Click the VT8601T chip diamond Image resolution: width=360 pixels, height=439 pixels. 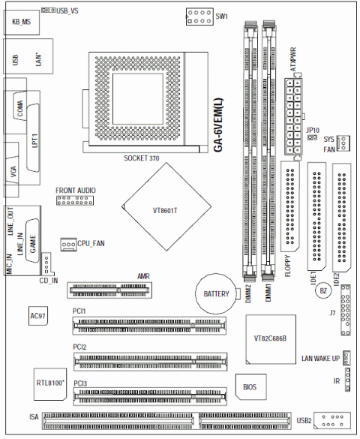(x=166, y=206)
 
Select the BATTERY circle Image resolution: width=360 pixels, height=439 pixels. (x=216, y=293)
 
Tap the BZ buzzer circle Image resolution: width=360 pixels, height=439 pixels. (x=323, y=290)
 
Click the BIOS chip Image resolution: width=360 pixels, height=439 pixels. (x=250, y=387)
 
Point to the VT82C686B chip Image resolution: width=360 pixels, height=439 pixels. (x=271, y=339)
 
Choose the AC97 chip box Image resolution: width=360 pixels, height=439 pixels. (x=38, y=316)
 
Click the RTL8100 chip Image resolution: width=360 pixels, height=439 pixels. (x=50, y=384)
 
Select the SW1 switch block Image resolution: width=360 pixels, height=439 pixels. (x=199, y=17)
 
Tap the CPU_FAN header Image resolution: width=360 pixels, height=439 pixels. (x=68, y=244)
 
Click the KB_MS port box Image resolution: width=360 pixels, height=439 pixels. (x=22, y=23)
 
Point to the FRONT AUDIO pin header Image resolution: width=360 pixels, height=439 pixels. (x=75, y=200)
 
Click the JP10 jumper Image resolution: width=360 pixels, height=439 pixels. (x=312, y=137)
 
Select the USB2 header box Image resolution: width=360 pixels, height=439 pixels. (x=331, y=420)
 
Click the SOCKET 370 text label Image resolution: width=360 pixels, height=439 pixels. (x=142, y=158)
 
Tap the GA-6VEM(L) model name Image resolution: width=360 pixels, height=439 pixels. (x=218, y=125)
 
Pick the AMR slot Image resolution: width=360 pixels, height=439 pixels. (x=109, y=290)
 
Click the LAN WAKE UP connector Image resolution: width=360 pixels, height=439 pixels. (x=346, y=358)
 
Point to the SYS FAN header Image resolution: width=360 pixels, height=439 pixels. (x=343, y=143)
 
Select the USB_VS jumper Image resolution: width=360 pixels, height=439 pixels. (x=48, y=10)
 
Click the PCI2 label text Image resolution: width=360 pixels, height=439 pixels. (x=79, y=347)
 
